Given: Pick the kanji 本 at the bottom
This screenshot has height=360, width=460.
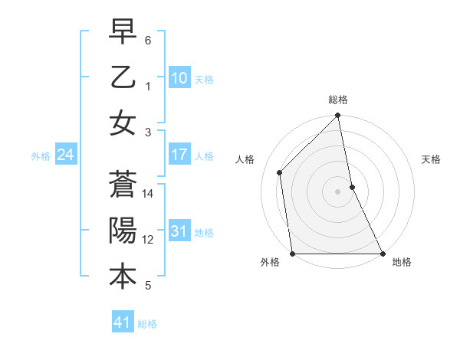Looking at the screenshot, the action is click(123, 277).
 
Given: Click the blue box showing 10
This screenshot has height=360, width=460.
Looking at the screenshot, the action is click(179, 77).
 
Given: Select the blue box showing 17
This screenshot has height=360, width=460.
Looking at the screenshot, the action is click(179, 155).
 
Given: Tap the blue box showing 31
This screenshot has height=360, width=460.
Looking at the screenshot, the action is click(179, 231).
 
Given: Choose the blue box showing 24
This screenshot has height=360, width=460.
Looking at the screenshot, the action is click(65, 155).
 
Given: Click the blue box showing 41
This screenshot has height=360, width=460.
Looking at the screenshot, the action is click(123, 322).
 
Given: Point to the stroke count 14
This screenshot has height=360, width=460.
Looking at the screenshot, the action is click(149, 194).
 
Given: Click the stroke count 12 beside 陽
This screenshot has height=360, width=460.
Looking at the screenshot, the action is click(149, 240).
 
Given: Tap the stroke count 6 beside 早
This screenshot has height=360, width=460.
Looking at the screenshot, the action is click(148, 40).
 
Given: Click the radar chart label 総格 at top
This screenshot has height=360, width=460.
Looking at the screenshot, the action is click(338, 100).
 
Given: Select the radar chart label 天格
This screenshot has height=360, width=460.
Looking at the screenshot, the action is click(432, 159).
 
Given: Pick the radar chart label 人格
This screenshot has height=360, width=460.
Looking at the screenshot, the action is click(245, 159).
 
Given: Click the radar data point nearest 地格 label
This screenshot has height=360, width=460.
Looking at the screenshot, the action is click(383, 253).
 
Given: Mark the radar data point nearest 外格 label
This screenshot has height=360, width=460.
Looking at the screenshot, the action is click(293, 253).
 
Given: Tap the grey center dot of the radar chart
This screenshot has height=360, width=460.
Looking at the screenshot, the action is click(338, 191).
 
